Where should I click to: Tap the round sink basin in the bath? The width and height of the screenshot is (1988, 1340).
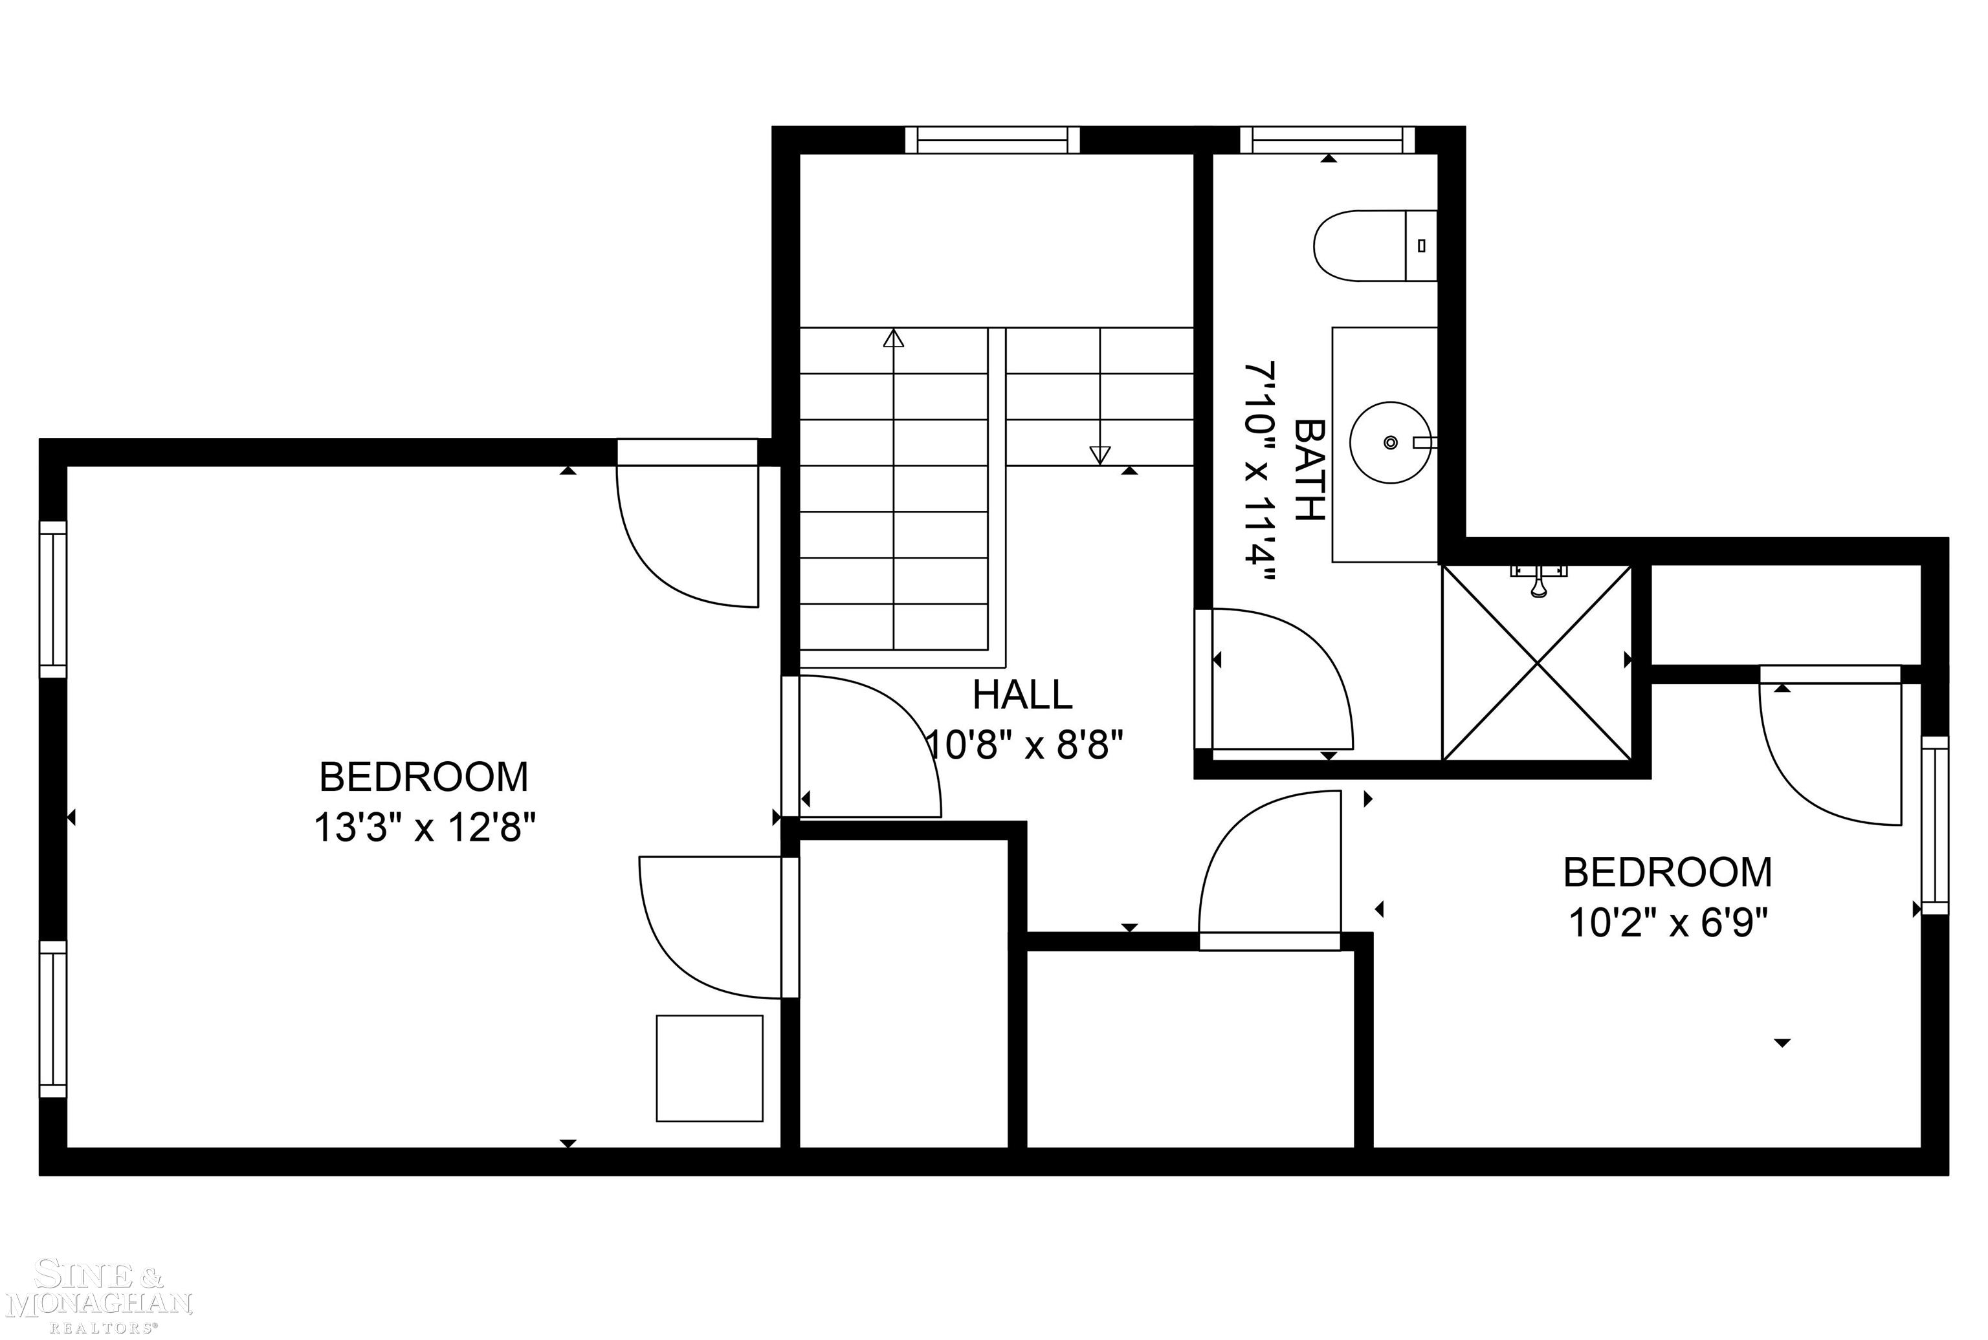coord(1389,442)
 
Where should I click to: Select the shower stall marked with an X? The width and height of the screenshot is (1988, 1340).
coord(1536,662)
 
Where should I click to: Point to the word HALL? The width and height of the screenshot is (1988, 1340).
coord(1022,695)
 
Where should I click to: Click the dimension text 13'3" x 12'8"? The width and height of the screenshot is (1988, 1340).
coord(424,827)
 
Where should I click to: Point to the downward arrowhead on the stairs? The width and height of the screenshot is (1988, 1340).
coord(1099,455)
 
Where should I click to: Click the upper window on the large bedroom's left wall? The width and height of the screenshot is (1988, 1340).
coord(53,598)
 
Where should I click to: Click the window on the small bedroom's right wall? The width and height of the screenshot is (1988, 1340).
coord(1935,825)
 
